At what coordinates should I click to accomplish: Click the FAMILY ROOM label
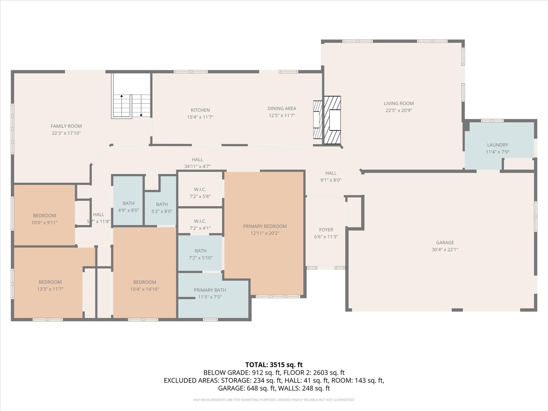(x=66, y=126)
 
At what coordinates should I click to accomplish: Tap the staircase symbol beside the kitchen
(x=131, y=96)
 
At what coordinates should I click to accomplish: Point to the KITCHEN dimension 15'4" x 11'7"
(x=200, y=117)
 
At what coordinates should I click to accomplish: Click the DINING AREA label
(x=282, y=108)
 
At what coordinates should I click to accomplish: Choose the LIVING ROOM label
(x=398, y=103)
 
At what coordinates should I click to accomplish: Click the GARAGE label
(x=445, y=242)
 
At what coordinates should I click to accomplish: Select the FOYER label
(x=326, y=229)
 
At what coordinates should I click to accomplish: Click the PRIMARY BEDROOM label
(x=265, y=226)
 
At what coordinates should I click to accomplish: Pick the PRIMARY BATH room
(x=210, y=293)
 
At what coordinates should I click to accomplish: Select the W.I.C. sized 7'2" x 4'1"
(x=200, y=225)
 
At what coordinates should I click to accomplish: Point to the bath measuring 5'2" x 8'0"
(x=162, y=207)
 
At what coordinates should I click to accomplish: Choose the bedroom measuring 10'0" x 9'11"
(x=44, y=219)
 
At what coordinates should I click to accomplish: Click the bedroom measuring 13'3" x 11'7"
(x=50, y=285)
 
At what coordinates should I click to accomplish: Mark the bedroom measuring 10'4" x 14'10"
(x=145, y=285)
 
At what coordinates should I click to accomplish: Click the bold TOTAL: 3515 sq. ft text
(x=274, y=365)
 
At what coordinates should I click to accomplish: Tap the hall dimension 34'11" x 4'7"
(x=197, y=166)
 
